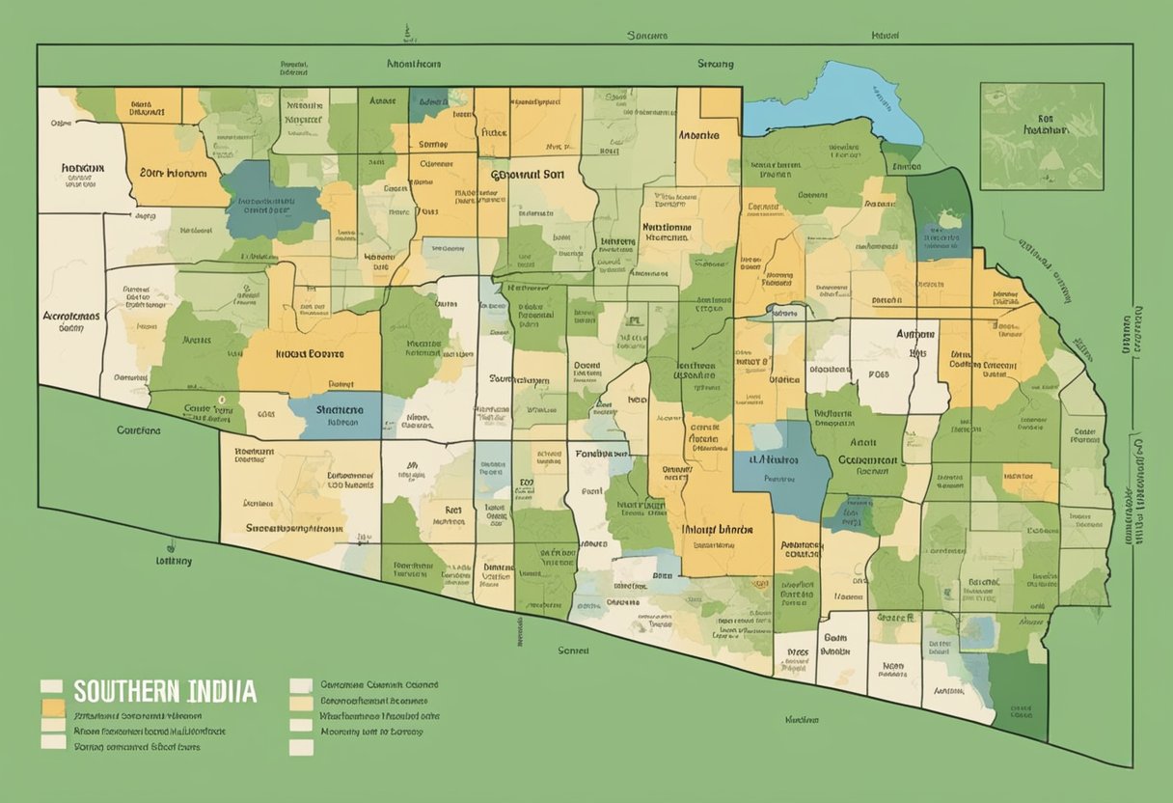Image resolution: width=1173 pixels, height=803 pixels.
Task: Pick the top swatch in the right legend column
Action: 302,685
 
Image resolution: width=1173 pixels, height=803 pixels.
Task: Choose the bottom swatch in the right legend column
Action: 302,747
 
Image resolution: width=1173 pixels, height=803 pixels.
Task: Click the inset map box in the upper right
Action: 1042,136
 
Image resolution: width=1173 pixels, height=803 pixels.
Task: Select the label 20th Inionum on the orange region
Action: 174,174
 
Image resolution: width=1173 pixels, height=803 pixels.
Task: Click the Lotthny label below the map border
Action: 174,560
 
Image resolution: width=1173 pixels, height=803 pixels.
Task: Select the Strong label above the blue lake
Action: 715,64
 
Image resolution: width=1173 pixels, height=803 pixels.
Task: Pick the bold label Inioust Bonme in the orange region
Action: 311,353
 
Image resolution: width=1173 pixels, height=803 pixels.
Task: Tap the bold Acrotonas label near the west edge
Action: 72,316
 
